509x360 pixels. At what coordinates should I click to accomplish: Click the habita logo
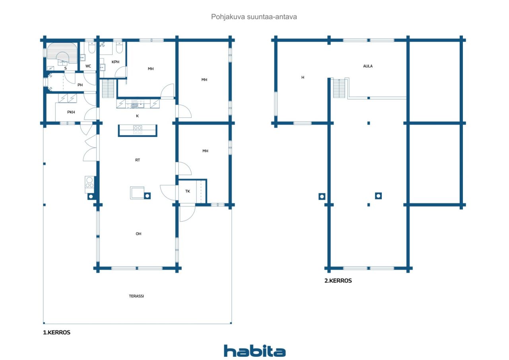pos(254,351)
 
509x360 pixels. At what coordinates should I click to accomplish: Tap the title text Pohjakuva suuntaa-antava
pos(254,17)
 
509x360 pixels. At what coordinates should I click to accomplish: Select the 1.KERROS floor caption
pos(56,333)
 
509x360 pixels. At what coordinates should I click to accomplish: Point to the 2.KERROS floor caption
pos(338,281)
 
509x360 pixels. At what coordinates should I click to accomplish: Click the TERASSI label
pos(136,296)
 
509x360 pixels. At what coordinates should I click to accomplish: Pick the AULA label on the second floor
pos(368,66)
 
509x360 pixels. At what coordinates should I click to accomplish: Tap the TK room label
pos(187,191)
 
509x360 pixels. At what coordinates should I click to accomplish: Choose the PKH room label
pos(71,112)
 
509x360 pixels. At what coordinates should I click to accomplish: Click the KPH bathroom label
pos(115,62)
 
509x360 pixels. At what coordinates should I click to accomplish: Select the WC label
pos(88,66)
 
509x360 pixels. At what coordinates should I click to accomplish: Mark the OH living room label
pos(138,234)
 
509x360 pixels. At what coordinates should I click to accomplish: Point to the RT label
pos(138,160)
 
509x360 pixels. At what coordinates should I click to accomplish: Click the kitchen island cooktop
pos(138,130)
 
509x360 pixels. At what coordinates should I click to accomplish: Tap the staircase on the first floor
pos(108,88)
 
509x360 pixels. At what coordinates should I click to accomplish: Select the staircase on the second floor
pos(339,88)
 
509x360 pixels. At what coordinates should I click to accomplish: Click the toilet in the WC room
pos(92,47)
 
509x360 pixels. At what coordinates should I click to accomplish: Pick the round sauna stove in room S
pos(62,58)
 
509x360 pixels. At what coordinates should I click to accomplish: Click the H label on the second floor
pos(303,77)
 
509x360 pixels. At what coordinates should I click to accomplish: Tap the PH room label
pos(80,85)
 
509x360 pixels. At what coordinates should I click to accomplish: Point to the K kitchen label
pos(137,116)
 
